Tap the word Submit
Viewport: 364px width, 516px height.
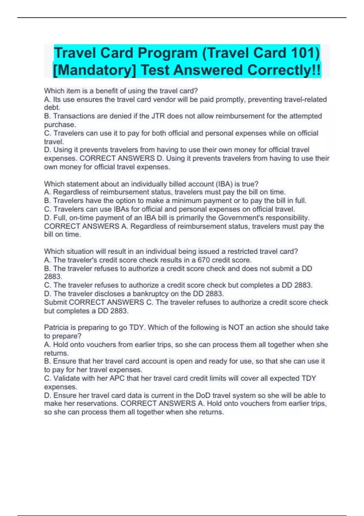coord(56,302)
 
